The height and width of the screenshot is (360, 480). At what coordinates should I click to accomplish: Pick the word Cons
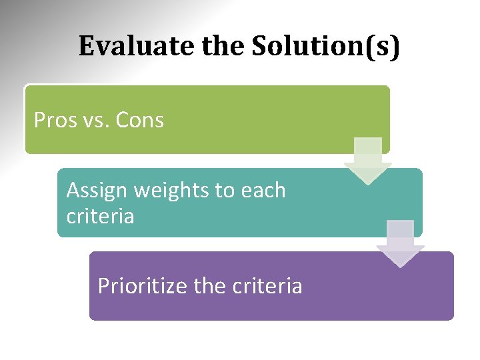139,120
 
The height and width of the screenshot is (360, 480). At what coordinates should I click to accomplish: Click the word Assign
97,191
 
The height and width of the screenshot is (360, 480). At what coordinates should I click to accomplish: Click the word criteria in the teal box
100,217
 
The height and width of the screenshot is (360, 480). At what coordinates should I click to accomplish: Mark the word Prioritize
143,286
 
